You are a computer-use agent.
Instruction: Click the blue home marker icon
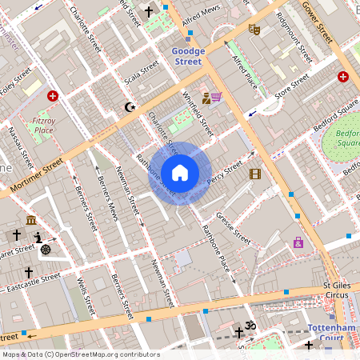[180, 173]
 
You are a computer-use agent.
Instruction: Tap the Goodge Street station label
[189, 56]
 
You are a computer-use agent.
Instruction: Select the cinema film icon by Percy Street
[254, 174]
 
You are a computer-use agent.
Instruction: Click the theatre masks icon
[254, 30]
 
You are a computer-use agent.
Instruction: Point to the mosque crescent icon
[131, 106]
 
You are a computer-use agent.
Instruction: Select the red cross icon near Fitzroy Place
[53, 96]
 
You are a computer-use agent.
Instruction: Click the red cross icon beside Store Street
[343, 77]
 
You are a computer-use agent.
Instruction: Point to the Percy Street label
[224, 174]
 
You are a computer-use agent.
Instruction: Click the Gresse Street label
[233, 229]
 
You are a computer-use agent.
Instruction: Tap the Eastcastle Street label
[32, 282]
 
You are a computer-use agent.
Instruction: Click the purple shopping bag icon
[298, 242]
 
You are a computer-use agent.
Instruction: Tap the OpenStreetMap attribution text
[80, 354]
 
